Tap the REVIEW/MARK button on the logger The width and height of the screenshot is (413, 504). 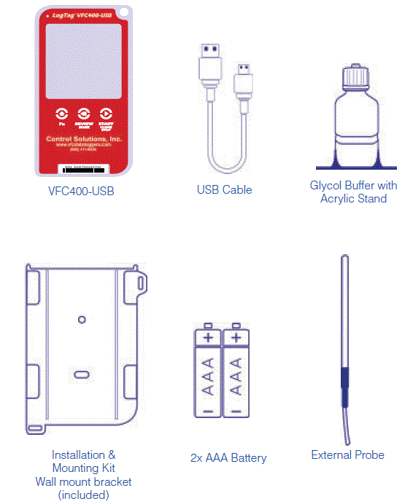pos(84,115)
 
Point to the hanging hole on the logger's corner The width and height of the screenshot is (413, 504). pos(126,12)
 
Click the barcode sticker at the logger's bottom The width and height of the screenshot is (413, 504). pos(84,168)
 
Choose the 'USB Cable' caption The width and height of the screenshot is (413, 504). pos(224,190)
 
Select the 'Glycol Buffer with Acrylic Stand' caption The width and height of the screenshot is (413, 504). pos(353,192)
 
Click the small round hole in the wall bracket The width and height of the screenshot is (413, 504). pos(82,319)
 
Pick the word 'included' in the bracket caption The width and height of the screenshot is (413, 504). pos(84,495)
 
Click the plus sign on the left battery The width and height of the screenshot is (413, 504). pos(207,337)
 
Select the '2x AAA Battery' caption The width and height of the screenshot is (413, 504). pos(228,458)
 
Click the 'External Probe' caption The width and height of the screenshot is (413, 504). pos(347,454)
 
